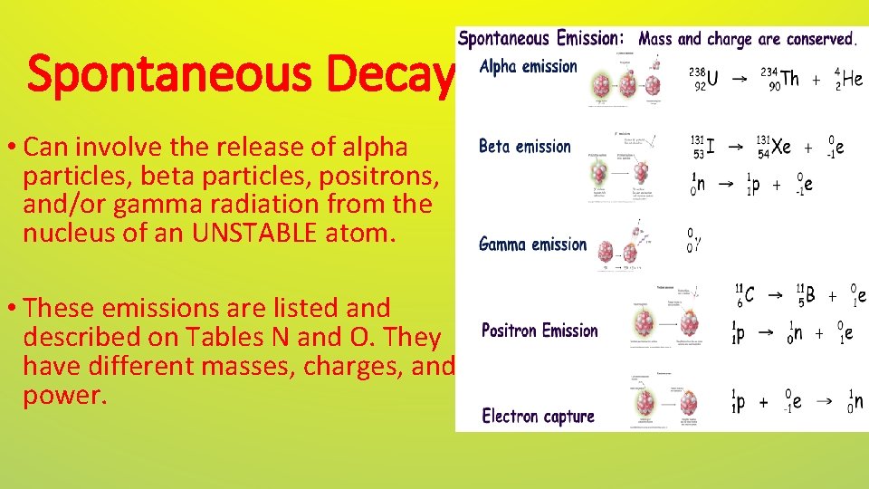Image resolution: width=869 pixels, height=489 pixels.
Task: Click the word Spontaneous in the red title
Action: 172,75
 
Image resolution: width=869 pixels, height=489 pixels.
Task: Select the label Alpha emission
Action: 528,66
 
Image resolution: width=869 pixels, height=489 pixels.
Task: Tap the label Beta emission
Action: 524,147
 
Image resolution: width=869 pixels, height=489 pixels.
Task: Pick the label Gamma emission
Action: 532,244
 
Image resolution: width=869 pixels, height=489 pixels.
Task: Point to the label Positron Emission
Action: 540,331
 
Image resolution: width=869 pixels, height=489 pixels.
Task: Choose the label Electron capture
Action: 538,417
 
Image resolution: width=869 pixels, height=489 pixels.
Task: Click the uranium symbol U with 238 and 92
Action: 712,79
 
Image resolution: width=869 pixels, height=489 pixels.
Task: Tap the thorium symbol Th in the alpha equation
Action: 789,79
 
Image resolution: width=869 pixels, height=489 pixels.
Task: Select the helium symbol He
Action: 853,79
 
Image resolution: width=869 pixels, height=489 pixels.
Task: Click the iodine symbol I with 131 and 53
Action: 711,147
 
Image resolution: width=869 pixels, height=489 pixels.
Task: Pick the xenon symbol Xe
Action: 780,147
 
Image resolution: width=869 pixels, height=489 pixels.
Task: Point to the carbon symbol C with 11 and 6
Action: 749,295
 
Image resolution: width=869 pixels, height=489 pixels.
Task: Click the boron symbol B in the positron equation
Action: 809,295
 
